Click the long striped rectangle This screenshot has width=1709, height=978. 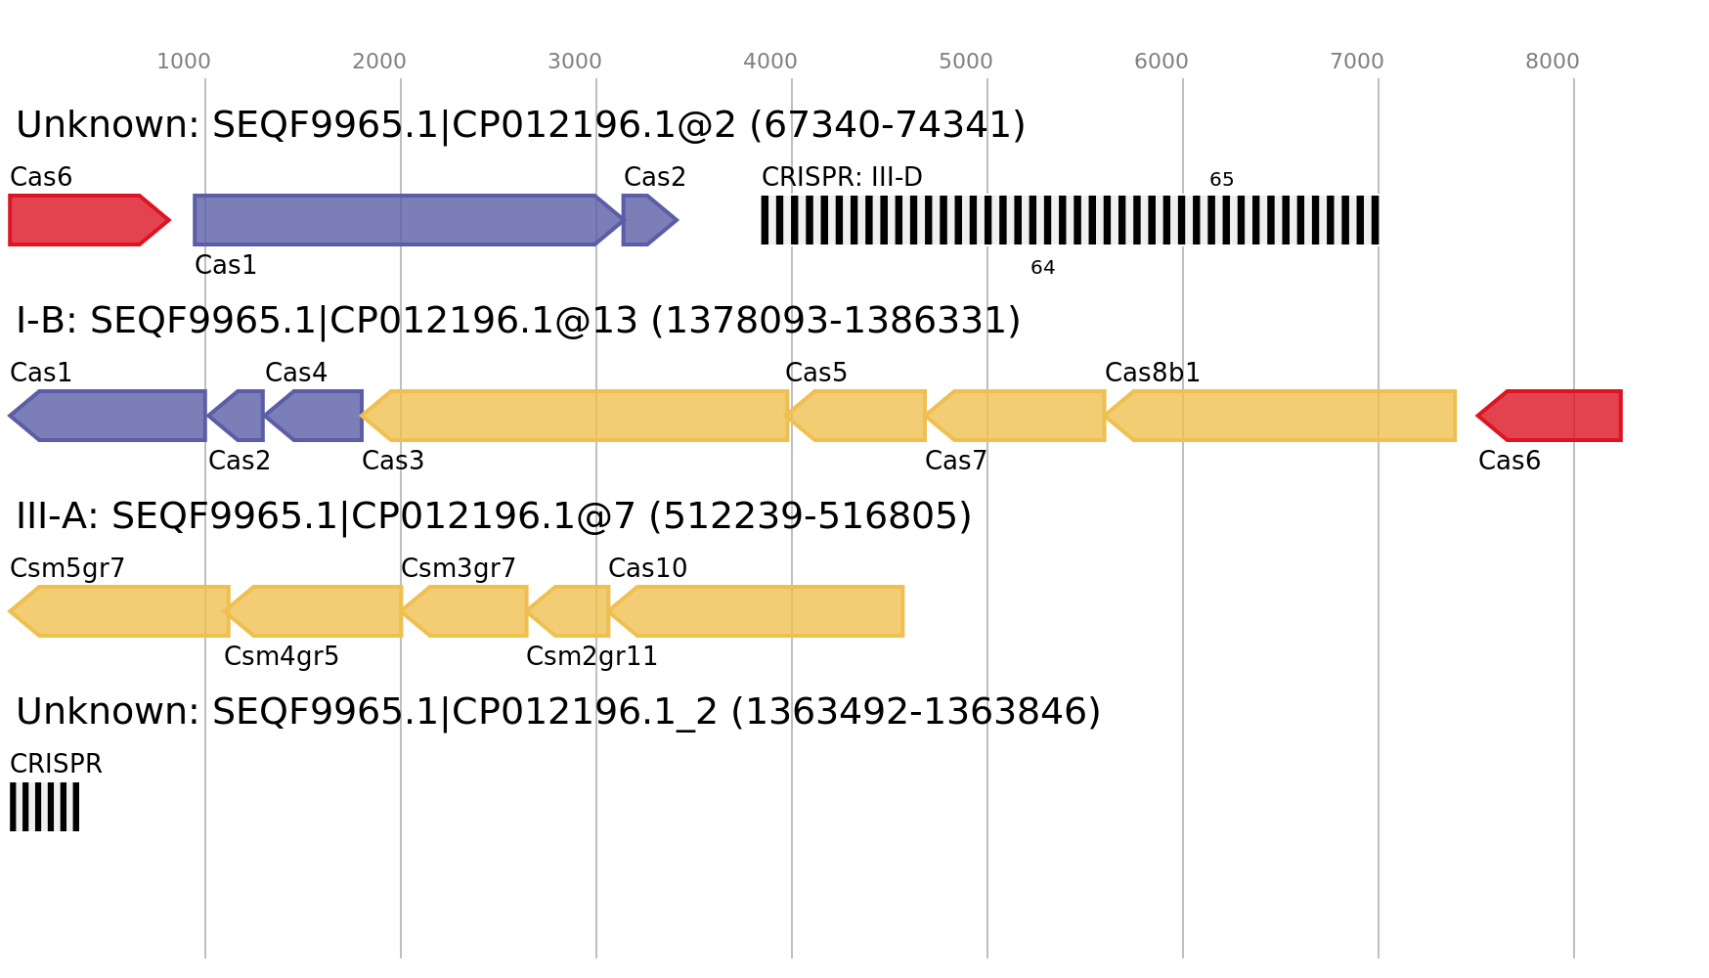pos(1070,220)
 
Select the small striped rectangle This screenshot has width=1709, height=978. pos(44,807)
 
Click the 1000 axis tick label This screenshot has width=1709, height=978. pos(184,62)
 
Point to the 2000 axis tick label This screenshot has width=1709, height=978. pos(379,62)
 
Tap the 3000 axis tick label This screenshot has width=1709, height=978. pos(575,62)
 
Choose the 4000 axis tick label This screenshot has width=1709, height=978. pos(770,62)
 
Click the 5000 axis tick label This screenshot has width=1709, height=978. pos(966,62)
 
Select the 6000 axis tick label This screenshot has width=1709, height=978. pos(1161,62)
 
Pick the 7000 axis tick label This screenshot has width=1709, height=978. pos(1357,62)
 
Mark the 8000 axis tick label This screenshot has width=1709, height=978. pos(1553,62)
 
